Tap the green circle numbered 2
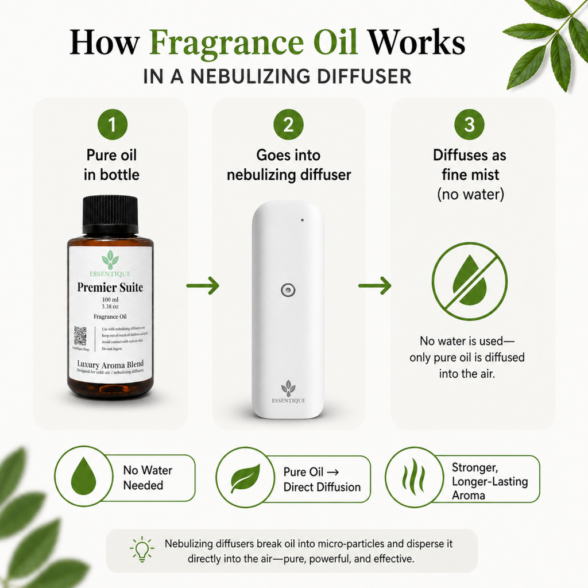(x=288, y=125)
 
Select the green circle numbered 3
(x=469, y=125)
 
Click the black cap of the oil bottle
(x=110, y=215)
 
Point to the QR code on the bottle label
(x=80, y=336)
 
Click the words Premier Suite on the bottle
(x=110, y=287)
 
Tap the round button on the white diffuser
(x=288, y=290)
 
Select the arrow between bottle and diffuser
(x=203, y=285)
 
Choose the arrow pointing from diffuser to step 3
(x=375, y=285)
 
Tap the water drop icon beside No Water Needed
(x=84, y=477)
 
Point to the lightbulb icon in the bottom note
(x=142, y=550)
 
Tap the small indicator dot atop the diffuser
(x=302, y=219)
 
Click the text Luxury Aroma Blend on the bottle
(x=110, y=364)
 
